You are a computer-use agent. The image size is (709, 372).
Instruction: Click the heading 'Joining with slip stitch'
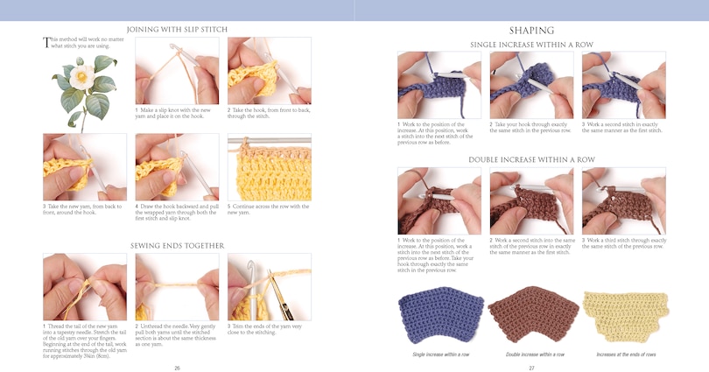177,29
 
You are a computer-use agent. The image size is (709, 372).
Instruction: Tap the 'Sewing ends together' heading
177,246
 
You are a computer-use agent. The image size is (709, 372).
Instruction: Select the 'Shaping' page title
531,30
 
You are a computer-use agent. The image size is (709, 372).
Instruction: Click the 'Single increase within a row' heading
531,45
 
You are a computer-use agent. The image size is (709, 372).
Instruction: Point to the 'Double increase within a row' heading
531,160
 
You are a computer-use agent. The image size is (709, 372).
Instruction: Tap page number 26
177,368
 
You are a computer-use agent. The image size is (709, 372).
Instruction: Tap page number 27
531,368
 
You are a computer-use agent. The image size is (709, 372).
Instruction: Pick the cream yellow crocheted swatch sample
623,316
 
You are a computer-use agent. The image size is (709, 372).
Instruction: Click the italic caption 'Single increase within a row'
439,354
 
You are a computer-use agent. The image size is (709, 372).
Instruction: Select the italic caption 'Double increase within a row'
531,354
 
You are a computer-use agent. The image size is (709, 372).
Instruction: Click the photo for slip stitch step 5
270,167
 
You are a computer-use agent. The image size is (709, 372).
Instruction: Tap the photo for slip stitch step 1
177,70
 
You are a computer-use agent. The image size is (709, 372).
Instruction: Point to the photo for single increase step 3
623,85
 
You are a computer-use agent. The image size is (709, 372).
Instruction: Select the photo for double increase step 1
439,201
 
